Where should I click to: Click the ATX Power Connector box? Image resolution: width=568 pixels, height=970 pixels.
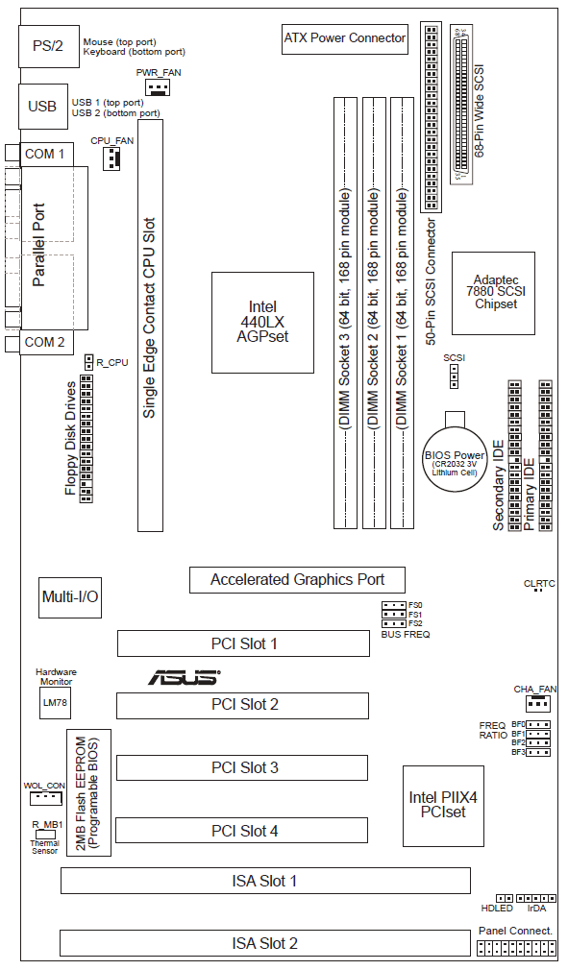(x=345, y=39)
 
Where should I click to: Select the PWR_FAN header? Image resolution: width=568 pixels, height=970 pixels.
(x=159, y=87)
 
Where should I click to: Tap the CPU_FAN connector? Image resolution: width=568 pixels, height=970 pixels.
(x=111, y=158)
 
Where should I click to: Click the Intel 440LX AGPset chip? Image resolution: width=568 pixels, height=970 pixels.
(x=262, y=322)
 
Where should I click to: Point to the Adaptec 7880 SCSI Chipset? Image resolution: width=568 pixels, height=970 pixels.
(x=493, y=293)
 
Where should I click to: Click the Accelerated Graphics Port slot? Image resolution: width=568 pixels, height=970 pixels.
(x=297, y=580)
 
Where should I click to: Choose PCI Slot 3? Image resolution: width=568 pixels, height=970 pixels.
(x=242, y=767)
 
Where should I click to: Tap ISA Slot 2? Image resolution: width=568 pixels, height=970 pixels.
(x=264, y=943)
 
